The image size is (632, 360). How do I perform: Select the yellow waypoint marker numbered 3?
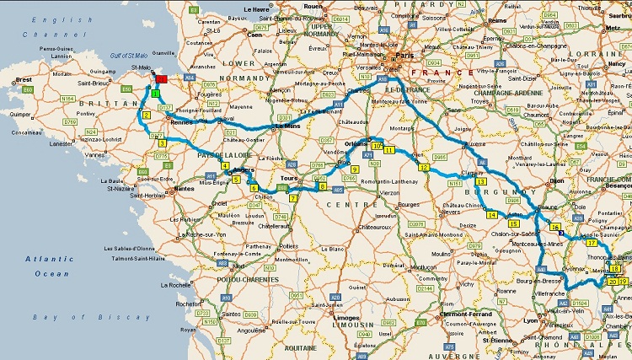162,142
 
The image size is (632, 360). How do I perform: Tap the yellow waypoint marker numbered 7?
292,199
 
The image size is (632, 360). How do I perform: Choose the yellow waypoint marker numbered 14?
492,214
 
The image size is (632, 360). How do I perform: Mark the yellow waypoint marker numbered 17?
592,242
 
